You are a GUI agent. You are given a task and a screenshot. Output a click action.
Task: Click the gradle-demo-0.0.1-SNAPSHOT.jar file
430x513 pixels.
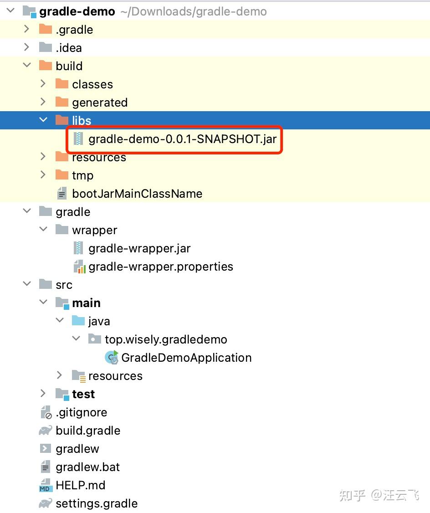pos(182,139)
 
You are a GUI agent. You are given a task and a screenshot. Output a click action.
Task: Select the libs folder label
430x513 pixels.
pos(82,121)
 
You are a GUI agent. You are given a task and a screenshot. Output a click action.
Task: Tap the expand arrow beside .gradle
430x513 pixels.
pos(26,29)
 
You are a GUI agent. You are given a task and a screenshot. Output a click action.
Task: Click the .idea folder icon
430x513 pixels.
pos(46,47)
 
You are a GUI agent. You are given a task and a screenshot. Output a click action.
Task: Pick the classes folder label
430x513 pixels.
pos(92,84)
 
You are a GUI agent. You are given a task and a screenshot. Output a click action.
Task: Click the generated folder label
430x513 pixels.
pos(100,103)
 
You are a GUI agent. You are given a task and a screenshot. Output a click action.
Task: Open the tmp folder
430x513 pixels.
pos(82,175)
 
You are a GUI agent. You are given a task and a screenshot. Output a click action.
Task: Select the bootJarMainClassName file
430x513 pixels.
pos(137,194)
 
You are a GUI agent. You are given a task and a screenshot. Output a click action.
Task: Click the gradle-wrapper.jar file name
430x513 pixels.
pos(139,248)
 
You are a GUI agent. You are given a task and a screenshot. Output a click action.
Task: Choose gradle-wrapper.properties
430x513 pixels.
pos(161,267)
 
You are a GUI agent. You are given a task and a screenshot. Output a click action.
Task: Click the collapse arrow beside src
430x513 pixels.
pos(27,284)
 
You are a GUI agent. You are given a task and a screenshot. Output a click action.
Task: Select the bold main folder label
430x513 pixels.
pos(86,303)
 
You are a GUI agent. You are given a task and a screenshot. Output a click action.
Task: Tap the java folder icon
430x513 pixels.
pos(78,321)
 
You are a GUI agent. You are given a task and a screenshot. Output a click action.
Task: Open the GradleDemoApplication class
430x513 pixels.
pos(186,358)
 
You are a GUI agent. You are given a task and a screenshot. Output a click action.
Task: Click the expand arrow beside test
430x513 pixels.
pos(43,393)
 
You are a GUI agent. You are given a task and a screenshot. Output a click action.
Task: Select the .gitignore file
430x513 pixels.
pos(82,412)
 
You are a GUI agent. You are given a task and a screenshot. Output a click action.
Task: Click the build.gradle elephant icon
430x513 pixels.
pos(46,431)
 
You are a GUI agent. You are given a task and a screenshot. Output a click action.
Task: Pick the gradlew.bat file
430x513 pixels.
pos(87,467)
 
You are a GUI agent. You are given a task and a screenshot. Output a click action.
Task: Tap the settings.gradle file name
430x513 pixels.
pos(97,503)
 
